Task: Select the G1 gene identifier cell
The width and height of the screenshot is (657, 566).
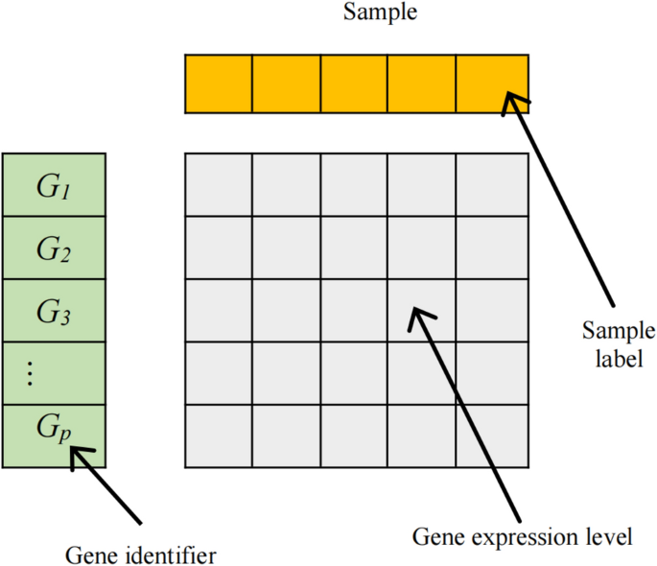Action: tap(54, 186)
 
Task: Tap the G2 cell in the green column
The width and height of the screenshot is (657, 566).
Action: tap(54, 248)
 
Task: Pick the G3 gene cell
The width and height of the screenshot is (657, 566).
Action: tap(54, 311)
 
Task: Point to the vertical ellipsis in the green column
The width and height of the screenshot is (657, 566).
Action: tap(30, 374)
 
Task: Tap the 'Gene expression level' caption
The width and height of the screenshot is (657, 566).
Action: tap(523, 535)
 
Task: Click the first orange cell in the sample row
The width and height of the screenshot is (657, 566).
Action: tap(219, 83)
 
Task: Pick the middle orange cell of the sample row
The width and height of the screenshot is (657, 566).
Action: tap(354, 83)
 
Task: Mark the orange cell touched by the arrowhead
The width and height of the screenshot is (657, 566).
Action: tap(491, 83)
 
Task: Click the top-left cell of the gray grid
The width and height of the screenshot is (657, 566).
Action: tap(219, 185)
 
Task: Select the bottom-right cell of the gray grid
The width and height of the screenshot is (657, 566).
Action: tap(492, 436)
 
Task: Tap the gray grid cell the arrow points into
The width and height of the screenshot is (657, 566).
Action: tap(422, 311)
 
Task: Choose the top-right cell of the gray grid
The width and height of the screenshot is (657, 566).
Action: tap(492, 185)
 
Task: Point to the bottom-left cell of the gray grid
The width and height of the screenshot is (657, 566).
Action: tap(219, 436)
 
